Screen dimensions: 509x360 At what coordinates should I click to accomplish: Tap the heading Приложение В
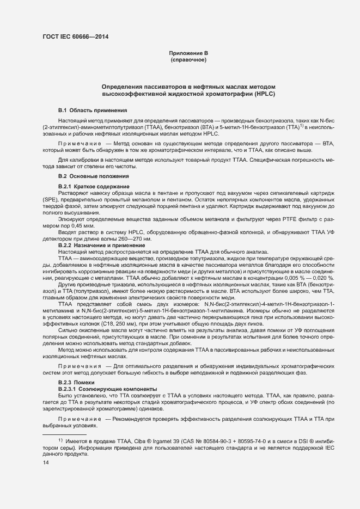[x=189, y=53]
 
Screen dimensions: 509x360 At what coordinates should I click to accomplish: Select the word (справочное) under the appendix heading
[x=189, y=59]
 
